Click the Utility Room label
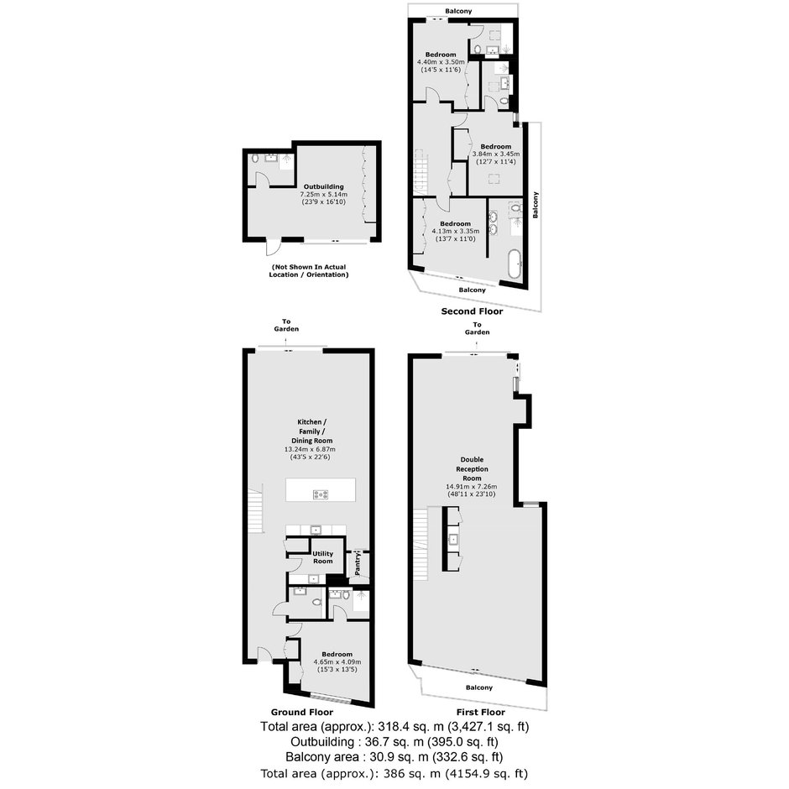coord(322,557)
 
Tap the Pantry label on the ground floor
coord(358,564)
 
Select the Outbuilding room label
coord(323,186)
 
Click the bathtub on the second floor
coord(515,264)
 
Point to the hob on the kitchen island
coord(321,494)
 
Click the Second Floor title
coord(472,311)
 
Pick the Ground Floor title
coord(302,712)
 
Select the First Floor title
coord(481,712)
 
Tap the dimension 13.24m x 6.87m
coord(310,449)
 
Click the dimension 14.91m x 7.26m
coord(472,487)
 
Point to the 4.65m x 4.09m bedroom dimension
coord(337,662)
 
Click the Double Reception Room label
coord(472,469)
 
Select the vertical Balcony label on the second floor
coord(536,205)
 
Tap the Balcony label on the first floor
coord(478,688)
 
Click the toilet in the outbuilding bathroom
coord(254,158)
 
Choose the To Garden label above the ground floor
coord(286,325)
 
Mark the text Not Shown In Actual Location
coord(308,271)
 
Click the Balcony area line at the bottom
coord(394,757)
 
